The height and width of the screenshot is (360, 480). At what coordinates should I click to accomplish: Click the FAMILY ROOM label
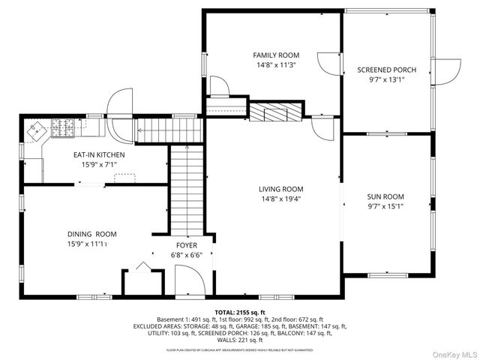[x=276, y=55]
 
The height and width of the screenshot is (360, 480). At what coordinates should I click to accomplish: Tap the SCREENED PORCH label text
[x=386, y=70]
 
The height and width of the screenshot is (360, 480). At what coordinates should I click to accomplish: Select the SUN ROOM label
[x=386, y=196]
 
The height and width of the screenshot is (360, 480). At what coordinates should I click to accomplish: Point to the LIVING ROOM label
[x=281, y=189]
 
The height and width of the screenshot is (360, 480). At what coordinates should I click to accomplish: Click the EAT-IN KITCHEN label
[x=98, y=154]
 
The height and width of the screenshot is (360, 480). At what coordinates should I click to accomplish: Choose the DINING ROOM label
[x=92, y=234]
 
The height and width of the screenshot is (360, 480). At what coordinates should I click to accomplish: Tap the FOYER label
[x=187, y=244]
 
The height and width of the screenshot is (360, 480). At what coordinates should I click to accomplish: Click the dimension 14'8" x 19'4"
[x=281, y=199]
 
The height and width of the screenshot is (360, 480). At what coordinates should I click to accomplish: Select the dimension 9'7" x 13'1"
[x=386, y=79]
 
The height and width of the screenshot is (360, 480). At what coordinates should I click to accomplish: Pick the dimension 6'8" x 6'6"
[x=187, y=254]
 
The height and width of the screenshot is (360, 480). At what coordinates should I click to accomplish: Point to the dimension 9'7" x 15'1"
[x=386, y=206]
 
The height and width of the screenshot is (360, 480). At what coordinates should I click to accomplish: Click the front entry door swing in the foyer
[x=189, y=283]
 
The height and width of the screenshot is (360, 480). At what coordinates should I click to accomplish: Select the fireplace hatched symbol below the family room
[x=274, y=112]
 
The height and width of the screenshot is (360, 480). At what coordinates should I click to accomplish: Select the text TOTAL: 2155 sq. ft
[x=240, y=312]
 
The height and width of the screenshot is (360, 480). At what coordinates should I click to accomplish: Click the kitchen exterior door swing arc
[x=119, y=102]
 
